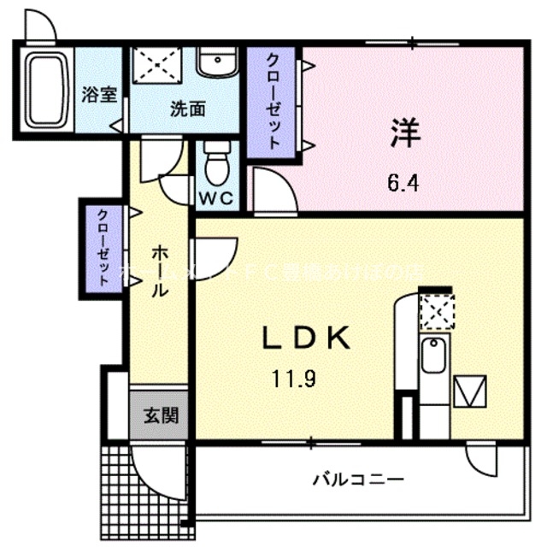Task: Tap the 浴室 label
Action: click(x=99, y=94)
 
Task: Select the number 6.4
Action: click(x=402, y=181)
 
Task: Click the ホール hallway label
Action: click(x=159, y=272)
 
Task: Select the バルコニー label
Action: click(x=369, y=478)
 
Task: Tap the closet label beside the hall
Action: click(x=103, y=247)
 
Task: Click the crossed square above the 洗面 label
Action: click(x=156, y=63)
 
